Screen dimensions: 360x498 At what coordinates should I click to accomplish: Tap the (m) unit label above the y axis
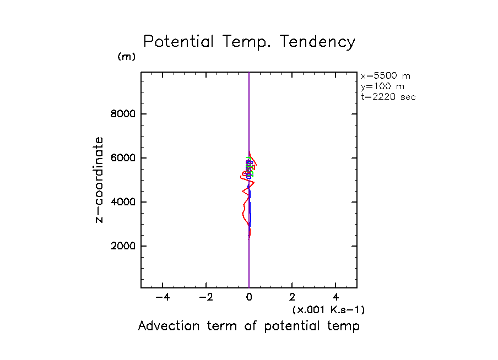[x=126, y=57]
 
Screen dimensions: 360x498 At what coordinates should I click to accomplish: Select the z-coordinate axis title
[x=100, y=179]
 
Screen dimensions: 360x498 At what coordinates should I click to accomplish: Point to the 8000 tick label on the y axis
[x=123, y=114]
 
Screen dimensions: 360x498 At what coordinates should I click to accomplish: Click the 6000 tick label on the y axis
[x=123, y=159]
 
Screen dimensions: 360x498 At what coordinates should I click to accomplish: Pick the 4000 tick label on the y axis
[x=123, y=202]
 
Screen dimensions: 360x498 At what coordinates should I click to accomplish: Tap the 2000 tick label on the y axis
[x=123, y=246]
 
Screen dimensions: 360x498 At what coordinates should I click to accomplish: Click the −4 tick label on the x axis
[x=163, y=298]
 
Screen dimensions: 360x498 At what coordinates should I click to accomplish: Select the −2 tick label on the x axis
[x=205, y=298]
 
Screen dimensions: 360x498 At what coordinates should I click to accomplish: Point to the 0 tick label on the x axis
[x=249, y=298]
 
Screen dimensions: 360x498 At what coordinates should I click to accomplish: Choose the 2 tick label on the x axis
[x=293, y=298]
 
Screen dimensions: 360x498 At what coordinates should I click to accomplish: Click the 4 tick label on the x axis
[x=336, y=298]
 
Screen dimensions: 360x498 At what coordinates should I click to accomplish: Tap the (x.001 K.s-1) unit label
[x=328, y=310]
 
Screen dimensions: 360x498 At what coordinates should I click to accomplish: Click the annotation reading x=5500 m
[x=385, y=76]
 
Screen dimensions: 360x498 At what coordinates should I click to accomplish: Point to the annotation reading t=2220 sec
[x=388, y=97]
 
